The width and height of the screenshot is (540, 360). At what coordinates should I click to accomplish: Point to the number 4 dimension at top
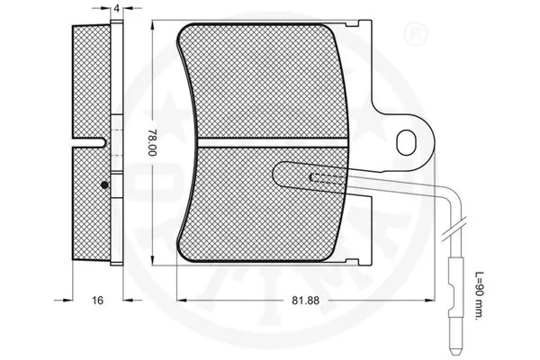(x=119, y=8)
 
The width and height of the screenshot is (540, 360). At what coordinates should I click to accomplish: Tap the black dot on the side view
(x=104, y=184)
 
